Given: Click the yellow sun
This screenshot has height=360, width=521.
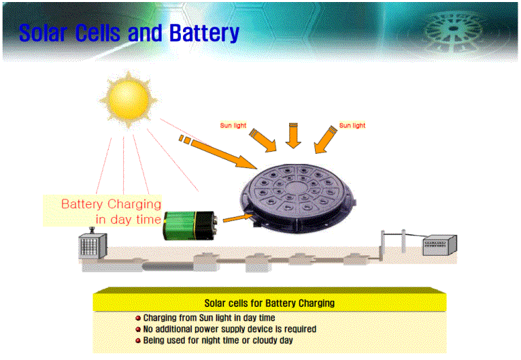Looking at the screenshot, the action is pos(129,99).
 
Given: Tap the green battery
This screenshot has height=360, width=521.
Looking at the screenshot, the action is pos(190,225).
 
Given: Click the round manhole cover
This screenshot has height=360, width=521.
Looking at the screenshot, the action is pos(298,198).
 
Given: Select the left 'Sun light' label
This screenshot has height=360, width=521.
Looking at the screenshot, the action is pos(233,125).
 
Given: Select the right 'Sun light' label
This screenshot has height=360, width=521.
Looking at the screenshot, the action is pos(352,125).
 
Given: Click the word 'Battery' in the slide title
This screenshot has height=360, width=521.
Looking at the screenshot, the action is pos(204,33).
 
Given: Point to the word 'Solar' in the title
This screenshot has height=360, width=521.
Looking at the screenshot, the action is pos(44,33).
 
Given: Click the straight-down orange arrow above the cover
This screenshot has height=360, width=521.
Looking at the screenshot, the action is pos(293,135).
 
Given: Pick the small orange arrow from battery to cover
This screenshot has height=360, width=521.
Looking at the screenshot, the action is pos(237,218).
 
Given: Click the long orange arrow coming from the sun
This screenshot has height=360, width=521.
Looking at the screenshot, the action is pos(217,151).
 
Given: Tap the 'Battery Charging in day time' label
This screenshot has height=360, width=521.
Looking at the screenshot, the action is pos(111,212).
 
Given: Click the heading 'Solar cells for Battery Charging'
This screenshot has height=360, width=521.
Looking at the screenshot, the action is pos(269,303).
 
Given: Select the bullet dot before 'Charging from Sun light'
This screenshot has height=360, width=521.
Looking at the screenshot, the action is pos(138,318).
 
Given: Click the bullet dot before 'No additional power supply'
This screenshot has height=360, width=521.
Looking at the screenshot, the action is pos(138,329).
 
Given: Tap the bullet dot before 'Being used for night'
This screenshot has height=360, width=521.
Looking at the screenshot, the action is pos(138,341).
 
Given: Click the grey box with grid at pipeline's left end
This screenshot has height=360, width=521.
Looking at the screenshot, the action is pos(93,245).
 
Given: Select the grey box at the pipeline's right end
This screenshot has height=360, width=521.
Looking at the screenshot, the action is pos(439,245).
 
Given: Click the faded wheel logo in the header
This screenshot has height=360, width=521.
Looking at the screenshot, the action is pos(454,31).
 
